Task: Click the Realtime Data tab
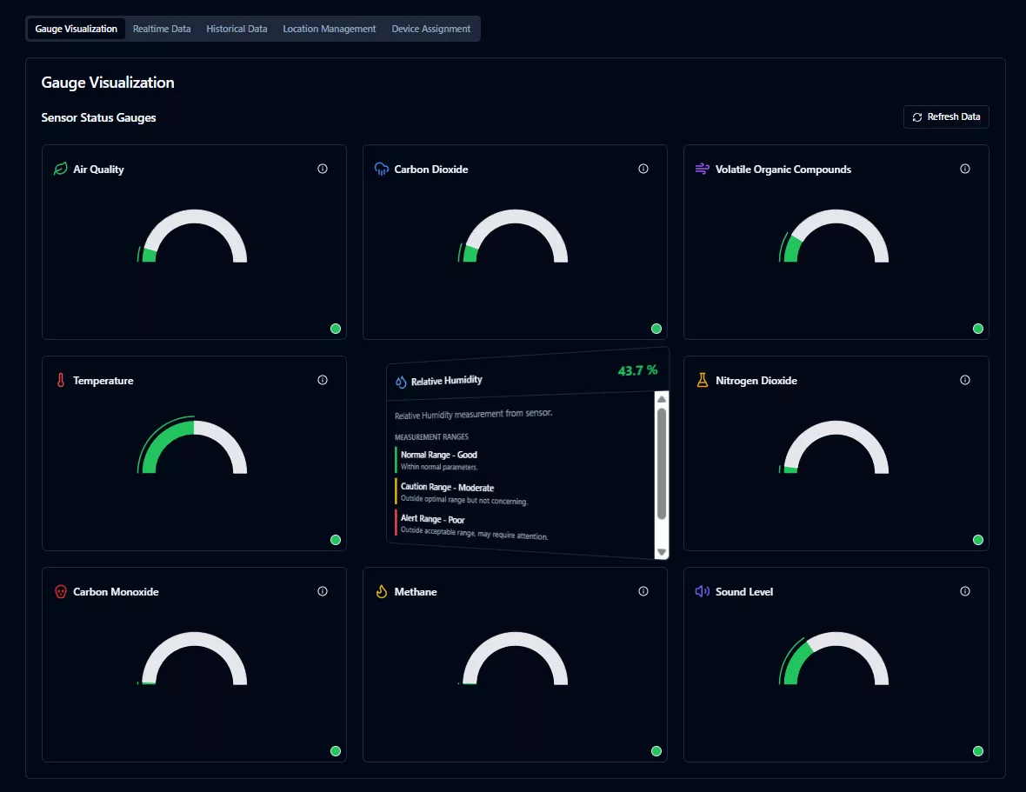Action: click(162, 29)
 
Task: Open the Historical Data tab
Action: click(237, 29)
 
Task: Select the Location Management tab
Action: click(329, 29)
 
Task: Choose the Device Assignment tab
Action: click(431, 29)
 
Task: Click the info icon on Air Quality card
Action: click(323, 169)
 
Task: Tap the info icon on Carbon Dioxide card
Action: click(643, 169)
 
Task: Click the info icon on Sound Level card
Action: click(964, 591)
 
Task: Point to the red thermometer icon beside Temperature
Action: click(61, 381)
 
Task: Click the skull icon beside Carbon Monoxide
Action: click(61, 592)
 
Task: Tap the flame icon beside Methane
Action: click(381, 592)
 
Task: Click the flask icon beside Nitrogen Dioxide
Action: click(703, 381)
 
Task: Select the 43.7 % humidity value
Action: click(637, 370)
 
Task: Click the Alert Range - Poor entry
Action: click(433, 519)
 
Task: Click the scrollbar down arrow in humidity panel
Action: click(662, 552)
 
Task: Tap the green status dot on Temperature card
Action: click(336, 540)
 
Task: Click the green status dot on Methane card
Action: click(656, 751)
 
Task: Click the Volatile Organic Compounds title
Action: click(783, 170)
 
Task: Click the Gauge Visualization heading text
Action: click(108, 83)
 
